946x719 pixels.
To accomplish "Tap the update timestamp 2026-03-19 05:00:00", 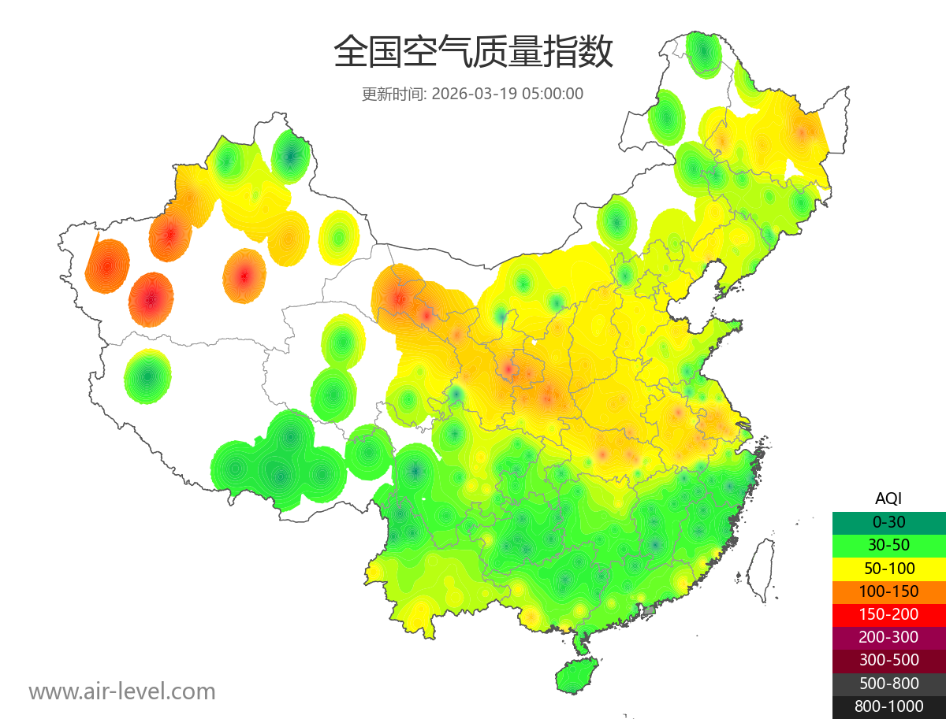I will click(508, 94).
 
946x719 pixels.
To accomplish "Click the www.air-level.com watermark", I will click(122, 691).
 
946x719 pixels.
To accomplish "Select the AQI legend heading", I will click(888, 498).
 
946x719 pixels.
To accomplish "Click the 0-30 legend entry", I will click(888, 521).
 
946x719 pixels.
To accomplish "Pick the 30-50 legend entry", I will click(888, 544).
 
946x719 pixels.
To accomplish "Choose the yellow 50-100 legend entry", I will click(888, 568).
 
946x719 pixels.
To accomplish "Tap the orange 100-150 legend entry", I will click(888, 591).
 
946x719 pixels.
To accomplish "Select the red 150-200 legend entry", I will click(888, 613).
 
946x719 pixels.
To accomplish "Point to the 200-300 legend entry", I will click(888, 637).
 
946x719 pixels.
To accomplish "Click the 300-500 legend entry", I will click(888, 660).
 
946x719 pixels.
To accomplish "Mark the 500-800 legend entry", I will click(888, 684).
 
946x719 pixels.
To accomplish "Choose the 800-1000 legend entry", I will click(888, 706).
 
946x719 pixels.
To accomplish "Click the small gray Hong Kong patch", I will click(650, 610).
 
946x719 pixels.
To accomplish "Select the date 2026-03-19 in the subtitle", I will click(474, 94).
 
